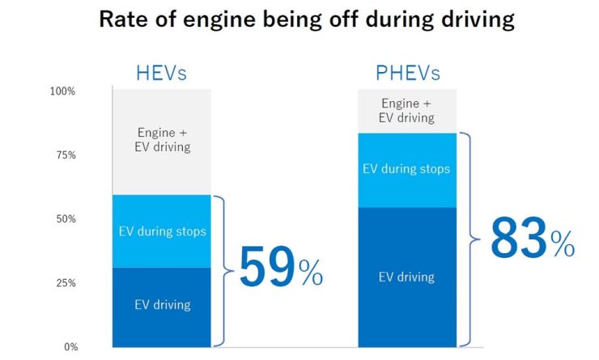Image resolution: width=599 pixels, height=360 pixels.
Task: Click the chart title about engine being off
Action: (307, 20)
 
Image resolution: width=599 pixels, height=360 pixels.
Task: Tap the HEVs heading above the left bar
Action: (161, 74)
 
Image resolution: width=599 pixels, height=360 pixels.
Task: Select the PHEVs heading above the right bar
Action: (408, 74)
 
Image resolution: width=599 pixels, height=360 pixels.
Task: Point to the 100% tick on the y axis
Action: (62, 91)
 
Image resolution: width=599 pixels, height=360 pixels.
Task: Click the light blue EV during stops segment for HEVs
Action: (162, 231)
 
